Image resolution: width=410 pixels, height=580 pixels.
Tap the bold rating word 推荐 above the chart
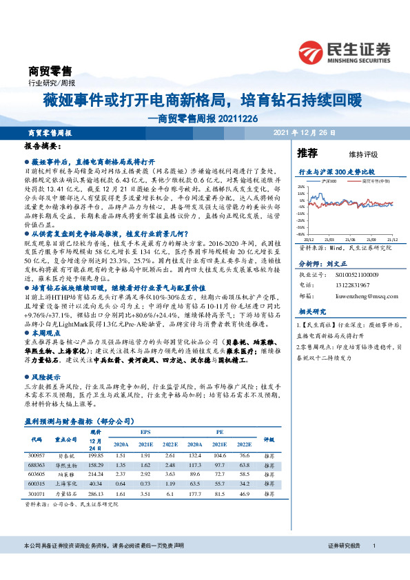click(x=307, y=153)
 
